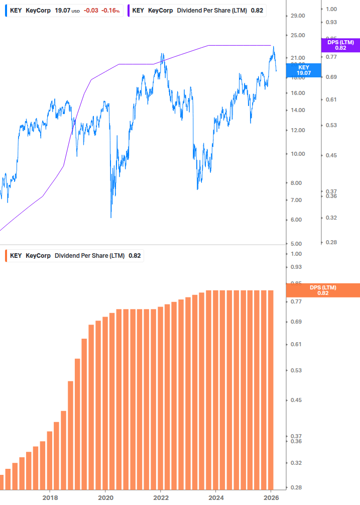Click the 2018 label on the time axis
(x=50, y=497)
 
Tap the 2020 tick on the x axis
(x=105, y=497)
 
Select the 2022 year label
(x=161, y=497)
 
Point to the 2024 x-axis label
(x=216, y=497)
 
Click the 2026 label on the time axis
(x=271, y=497)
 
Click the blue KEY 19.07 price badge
(x=303, y=70)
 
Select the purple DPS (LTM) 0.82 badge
(x=340, y=45)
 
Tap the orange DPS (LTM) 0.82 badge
(x=323, y=290)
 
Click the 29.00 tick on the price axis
(x=298, y=16)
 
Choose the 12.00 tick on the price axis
(x=298, y=131)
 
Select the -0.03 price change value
(x=91, y=10)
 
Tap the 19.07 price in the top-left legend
(x=62, y=10)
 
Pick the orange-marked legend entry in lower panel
(x=75, y=255)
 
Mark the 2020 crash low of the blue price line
(x=110, y=217)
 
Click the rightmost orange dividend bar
(x=270, y=390)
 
